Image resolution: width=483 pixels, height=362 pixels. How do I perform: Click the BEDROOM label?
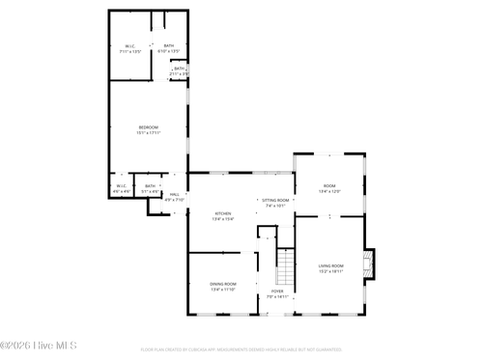coord(148,127)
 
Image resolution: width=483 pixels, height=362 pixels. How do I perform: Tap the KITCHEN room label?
coord(223,213)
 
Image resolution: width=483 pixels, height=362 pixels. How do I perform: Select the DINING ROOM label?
coord(223,284)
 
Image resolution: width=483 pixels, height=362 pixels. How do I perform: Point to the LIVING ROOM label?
coord(331,265)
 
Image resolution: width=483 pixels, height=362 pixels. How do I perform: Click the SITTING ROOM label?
coord(275,200)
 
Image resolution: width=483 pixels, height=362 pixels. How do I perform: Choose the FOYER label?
coord(277,291)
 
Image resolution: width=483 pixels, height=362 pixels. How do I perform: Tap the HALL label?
coord(175,195)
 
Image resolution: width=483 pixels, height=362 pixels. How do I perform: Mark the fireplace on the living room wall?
coord(368,263)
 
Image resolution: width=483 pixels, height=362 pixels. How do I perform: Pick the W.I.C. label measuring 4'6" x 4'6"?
coord(121,185)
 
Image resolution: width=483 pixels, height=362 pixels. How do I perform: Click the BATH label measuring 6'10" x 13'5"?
coord(168,45)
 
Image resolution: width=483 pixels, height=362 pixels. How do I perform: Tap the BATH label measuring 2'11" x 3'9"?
coord(179,69)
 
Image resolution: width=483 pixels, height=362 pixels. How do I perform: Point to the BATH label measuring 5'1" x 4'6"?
coord(150,185)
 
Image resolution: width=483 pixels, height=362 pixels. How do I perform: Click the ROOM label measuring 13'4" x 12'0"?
coord(329,185)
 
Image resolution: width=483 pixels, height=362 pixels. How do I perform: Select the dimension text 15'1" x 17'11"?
coord(148,133)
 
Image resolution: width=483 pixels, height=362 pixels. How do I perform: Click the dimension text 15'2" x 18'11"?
coord(331,271)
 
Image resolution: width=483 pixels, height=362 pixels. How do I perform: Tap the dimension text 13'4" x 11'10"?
coord(223,290)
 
